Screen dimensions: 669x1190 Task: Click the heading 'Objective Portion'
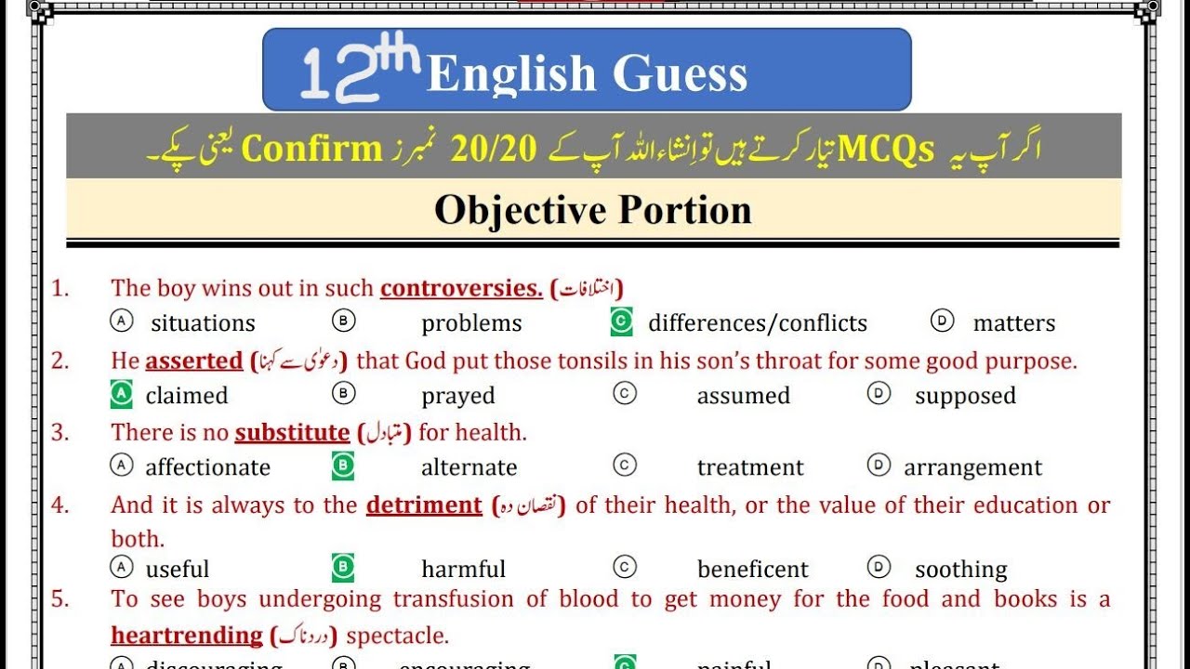pyautogui.click(x=592, y=210)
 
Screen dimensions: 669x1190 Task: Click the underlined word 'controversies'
pyautogui.click(x=461, y=288)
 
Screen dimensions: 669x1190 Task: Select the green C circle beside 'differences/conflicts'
pyautogui.click(x=621, y=322)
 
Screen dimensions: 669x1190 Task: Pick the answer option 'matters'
pyautogui.click(x=1013, y=323)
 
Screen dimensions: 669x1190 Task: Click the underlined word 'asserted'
pyautogui.click(x=193, y=361)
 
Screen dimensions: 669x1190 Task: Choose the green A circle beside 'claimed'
pyautogui.click(x=122, y=395)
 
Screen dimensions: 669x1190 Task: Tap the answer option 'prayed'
pyautogui.click(x=457, y=396)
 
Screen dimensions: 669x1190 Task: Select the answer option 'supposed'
pyautogui.click(x=965, y=396)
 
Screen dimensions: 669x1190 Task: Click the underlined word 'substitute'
pyautogui.click(x=292, y=432)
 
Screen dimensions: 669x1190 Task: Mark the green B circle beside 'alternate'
pyautogui.click(x=343, y=466)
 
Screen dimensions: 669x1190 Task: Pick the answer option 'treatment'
pyautogui.click(x=750, y=467)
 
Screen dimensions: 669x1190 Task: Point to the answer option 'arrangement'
pyautogui.click(x=972, y=467)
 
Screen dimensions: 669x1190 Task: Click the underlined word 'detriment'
pyautogui.click(x=424, y=505)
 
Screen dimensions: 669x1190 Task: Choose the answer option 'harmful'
pyautogui.click(x=463, y=569)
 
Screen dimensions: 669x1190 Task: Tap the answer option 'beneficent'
pyautogui.click(x=753, y=569)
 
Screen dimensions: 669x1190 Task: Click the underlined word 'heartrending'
pyautogui.click(x=187, y=636)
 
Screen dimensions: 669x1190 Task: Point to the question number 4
pyautogui.click(x=59, y=505)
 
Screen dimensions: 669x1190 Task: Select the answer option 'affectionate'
pyautogui.click(x=207, y=467)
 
